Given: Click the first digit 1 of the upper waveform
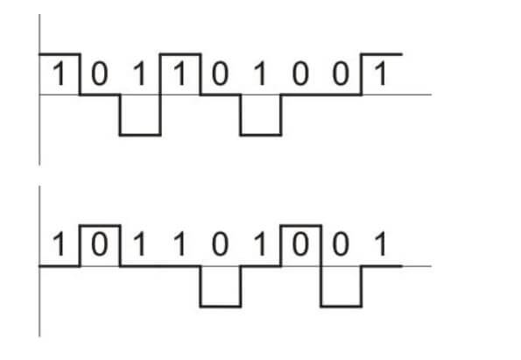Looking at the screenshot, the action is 60,73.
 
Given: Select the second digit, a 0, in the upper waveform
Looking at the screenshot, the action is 100,73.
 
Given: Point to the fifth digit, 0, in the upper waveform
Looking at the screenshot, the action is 220,73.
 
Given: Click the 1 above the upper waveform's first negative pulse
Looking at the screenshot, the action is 139,73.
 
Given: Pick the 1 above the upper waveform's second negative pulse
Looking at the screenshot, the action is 260,73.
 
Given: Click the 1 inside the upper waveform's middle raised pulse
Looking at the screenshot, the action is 180,73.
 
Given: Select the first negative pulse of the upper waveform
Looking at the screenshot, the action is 140,135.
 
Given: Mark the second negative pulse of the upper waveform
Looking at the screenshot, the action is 261,135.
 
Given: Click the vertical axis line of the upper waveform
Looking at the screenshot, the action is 39,89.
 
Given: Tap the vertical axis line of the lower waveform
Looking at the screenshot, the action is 39,261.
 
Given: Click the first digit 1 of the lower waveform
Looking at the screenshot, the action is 60,244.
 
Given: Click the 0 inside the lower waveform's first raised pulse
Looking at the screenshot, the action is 100,244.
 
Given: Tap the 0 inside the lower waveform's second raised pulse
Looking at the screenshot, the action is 300,244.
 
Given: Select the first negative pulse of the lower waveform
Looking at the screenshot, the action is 221,307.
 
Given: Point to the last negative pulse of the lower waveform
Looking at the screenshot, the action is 341,307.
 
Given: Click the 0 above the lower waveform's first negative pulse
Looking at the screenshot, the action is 220,244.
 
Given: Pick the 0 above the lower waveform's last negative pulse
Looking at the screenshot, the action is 341,244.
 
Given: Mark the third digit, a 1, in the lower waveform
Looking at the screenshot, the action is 139,244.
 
